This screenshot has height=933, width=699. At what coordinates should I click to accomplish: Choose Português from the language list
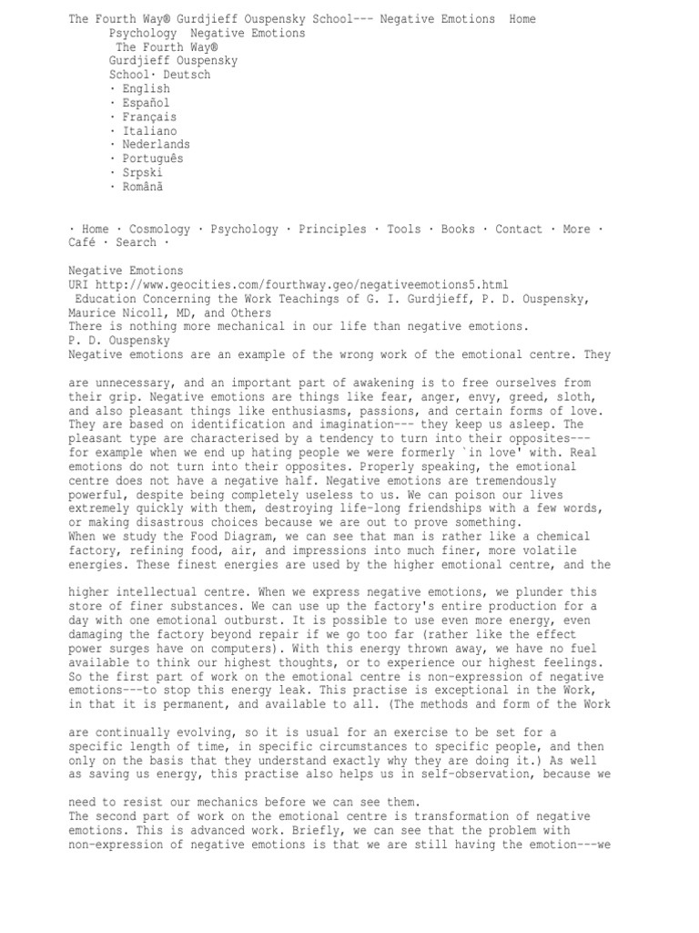click(152, 158)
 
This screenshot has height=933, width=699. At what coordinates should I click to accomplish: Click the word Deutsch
click(187, 75)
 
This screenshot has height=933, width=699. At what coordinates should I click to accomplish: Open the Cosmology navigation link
click(159, 230)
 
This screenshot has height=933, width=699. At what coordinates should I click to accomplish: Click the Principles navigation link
click(333, 230)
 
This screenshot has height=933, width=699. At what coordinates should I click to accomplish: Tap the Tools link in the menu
click(404, 230)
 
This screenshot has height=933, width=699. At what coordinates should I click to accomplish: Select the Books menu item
click(458, 230)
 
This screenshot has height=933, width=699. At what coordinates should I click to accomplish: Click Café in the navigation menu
click(82, 243)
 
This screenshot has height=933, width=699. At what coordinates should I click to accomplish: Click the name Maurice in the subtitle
click(92, 312)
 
